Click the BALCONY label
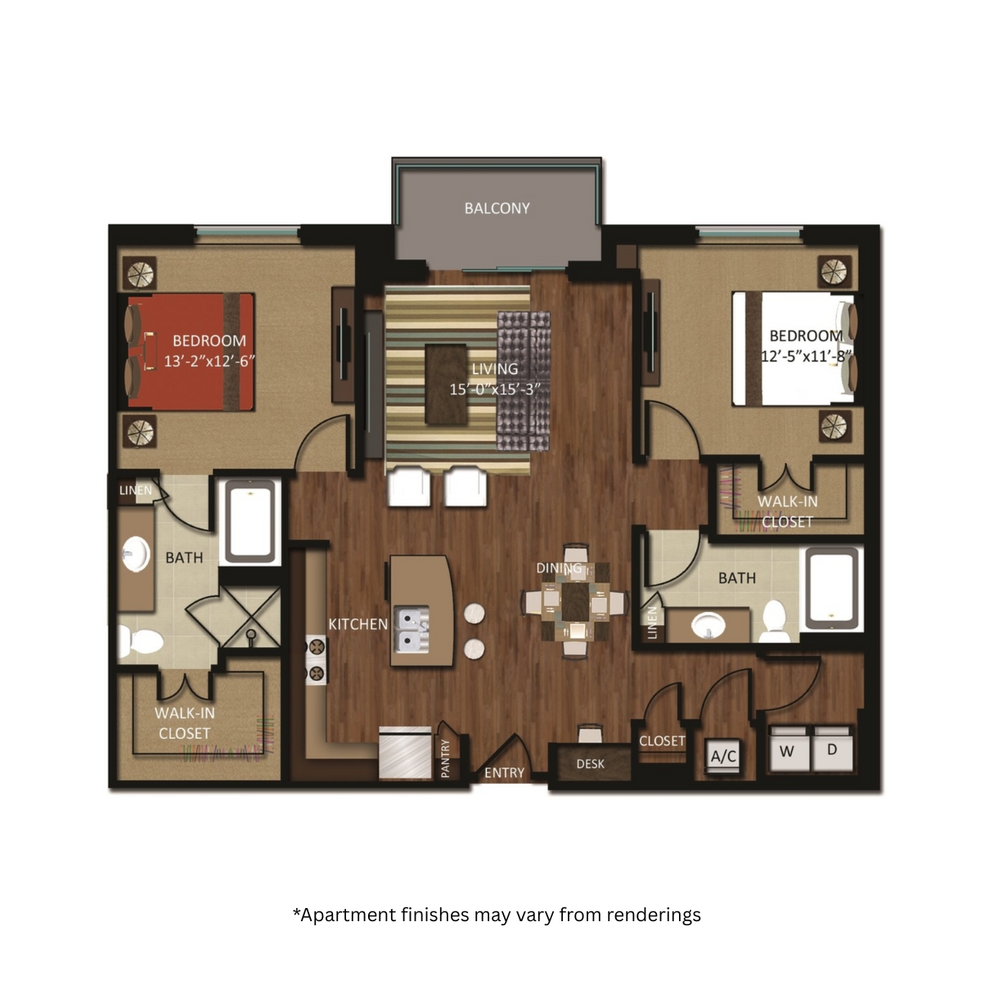(497, 209)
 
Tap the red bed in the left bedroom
(191, 353)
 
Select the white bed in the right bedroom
(793, 349)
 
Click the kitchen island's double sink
(412, 628)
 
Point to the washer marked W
(788, 749)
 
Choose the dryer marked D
(833, 749)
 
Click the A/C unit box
(723, 756)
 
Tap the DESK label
(590, 764)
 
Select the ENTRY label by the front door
(504, 773)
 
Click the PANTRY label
(446, 758)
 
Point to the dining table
(575, 601)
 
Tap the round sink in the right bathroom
(708, 625)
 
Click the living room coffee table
(446, 385)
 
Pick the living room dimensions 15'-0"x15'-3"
(494, 389)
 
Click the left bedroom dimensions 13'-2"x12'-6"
(209, 361)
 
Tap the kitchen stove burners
(316, 660)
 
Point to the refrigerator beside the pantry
(406, 752)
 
